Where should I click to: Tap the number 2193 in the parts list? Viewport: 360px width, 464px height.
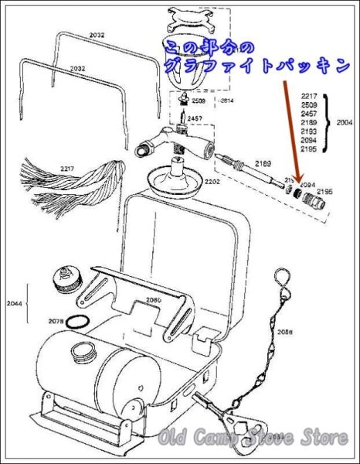(x=309, y=131)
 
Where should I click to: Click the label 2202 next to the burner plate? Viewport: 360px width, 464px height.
(x=213, y=181)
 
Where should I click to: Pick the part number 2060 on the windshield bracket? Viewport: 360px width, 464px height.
(x=155, y=299)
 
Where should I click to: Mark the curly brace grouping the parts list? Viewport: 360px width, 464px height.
(x=328, y=121)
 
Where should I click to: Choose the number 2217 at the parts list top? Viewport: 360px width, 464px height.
(x=309, y=95)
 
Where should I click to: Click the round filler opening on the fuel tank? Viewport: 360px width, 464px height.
(x=82, y=353)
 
